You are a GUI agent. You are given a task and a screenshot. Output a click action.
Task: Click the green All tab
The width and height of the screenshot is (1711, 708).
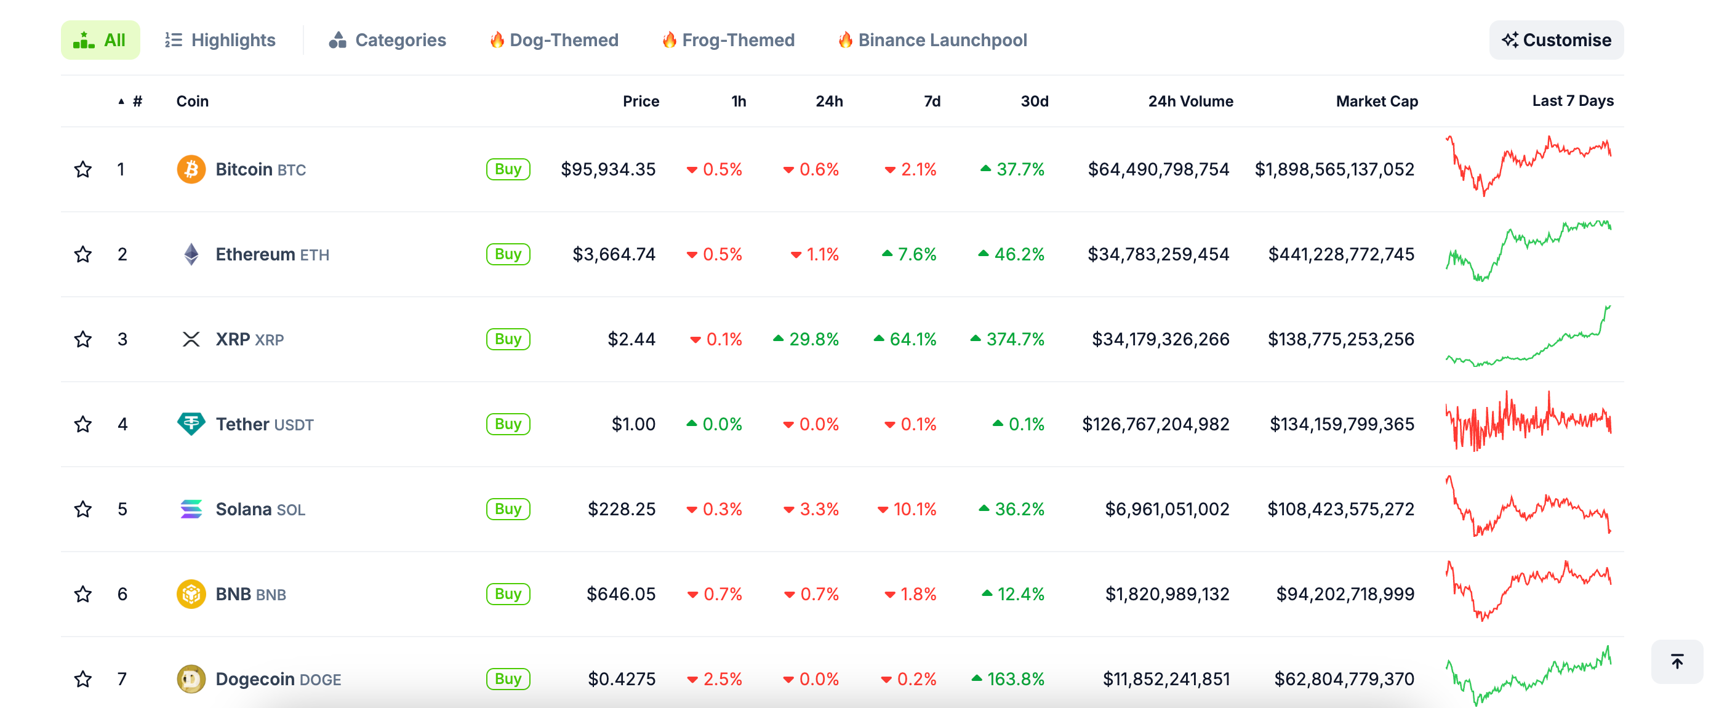(x=100, y=40)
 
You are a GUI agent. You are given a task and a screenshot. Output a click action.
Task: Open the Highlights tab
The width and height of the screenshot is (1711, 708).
(x=220, y=40)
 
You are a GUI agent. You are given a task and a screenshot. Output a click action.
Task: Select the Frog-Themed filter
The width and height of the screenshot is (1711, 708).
(x=728, y=40)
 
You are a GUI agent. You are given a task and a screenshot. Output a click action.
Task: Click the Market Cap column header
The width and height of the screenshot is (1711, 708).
(x=1376, y=101)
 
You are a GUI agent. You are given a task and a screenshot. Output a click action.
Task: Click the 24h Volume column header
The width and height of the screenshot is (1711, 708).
(x=1190, y=101)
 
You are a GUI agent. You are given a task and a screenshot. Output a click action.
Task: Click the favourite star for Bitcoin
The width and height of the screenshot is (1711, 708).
(x=83, y=169)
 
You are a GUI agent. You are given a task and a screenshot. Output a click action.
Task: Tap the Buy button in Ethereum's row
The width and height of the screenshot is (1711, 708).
(x=508, y=254)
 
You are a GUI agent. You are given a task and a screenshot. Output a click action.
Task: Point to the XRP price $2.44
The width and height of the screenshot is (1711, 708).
(x=631, y=339)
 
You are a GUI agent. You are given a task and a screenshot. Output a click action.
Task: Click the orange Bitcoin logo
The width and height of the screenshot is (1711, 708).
(x=191, y=169)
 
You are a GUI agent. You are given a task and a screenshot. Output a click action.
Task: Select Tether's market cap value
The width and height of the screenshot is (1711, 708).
(x=1342, y=424)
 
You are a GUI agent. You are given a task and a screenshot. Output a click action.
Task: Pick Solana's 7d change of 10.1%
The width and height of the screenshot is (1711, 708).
(x=907, y=509)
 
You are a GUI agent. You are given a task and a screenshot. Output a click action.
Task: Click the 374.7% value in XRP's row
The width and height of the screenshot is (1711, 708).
(x=1008, y=339)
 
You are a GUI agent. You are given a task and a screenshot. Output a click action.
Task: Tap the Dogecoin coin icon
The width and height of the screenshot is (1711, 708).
(x=191, y=679)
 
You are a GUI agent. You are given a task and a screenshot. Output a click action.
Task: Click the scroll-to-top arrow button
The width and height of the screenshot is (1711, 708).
(x=1677, y=661)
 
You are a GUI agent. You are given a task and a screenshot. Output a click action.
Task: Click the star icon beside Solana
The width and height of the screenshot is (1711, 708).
(x=83, y=509)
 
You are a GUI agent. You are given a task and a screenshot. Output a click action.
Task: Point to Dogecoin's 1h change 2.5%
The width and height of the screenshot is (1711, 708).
(x=715, y=679)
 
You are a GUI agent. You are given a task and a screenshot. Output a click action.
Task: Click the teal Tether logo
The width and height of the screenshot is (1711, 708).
(x=191, y=424)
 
